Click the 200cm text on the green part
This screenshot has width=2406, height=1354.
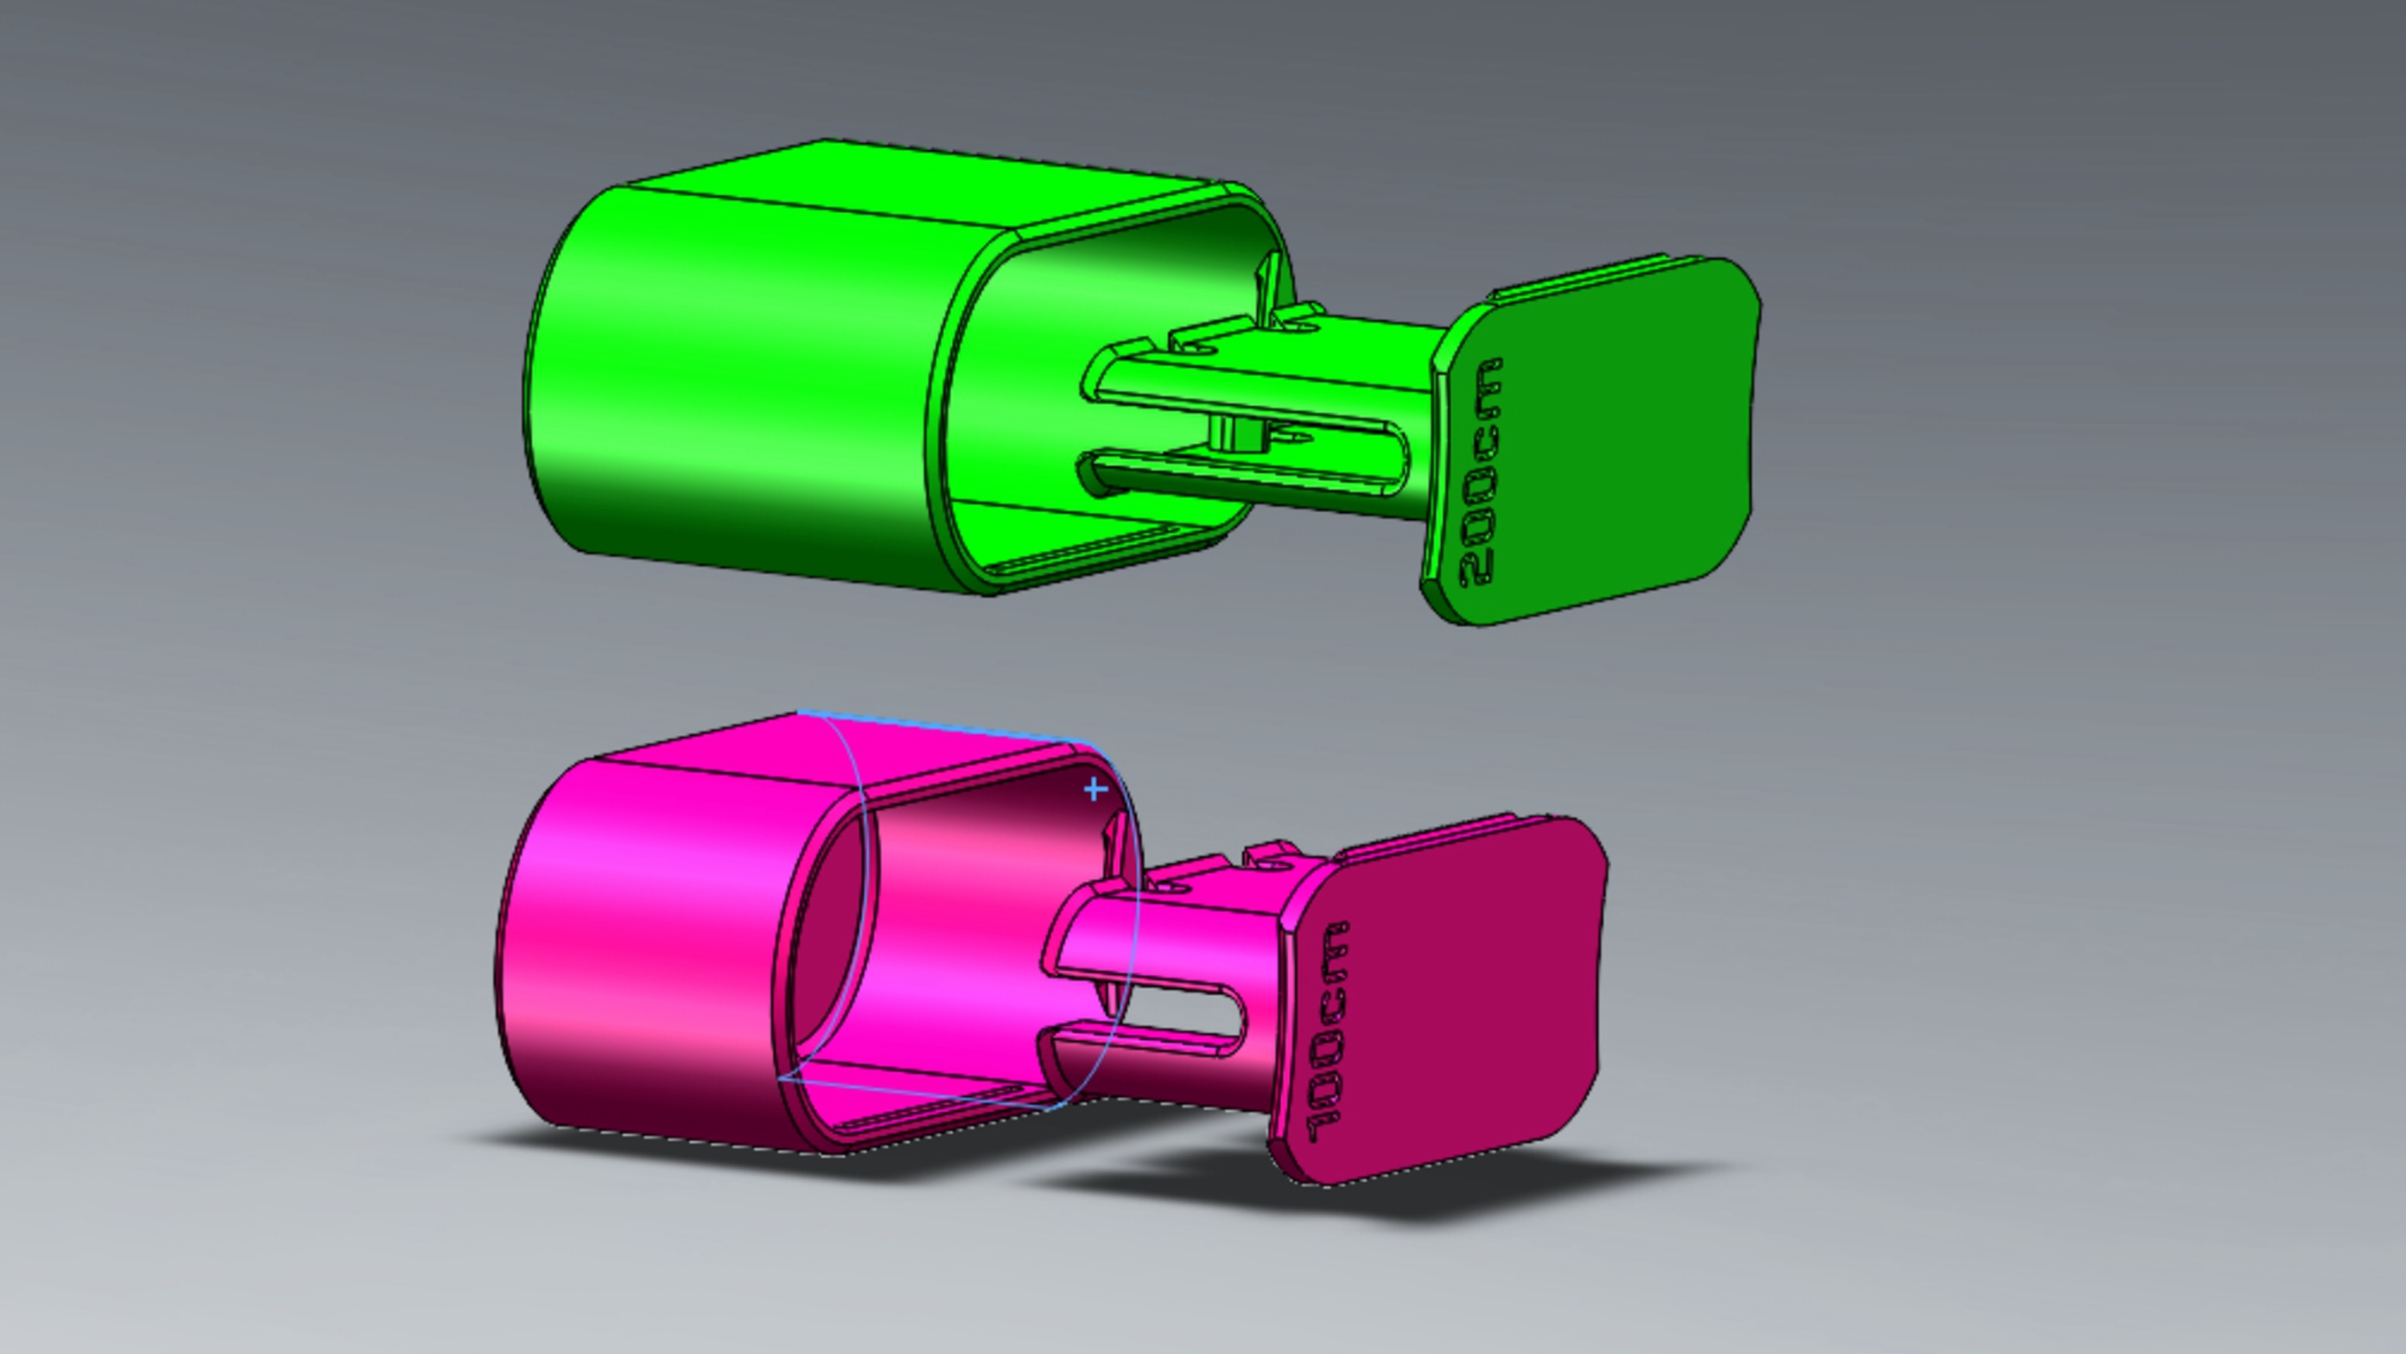pyautogui.click(x=1480, y=472)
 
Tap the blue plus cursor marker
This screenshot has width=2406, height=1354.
pyautogui.click(x=1095, y=790)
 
